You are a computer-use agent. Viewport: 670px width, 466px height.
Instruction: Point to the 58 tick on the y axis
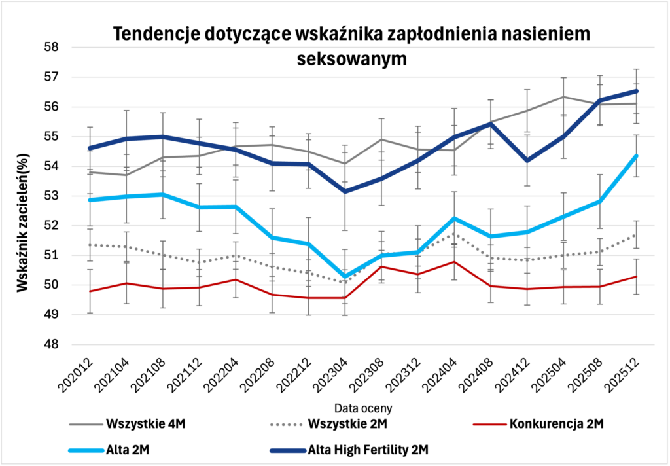52,47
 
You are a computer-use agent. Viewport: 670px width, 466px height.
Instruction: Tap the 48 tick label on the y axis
52,344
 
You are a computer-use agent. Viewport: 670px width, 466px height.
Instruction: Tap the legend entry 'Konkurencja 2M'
555,423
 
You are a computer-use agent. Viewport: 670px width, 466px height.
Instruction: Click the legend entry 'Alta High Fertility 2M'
362,450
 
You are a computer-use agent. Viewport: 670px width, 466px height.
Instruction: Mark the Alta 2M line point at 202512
637,156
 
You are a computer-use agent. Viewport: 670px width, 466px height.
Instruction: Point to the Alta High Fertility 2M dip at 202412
527,160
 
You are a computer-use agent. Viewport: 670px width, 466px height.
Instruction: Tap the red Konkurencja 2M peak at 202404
454,262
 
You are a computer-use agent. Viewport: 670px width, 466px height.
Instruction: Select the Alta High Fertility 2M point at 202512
637,91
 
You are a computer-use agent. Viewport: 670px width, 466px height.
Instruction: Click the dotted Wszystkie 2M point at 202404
454,234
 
